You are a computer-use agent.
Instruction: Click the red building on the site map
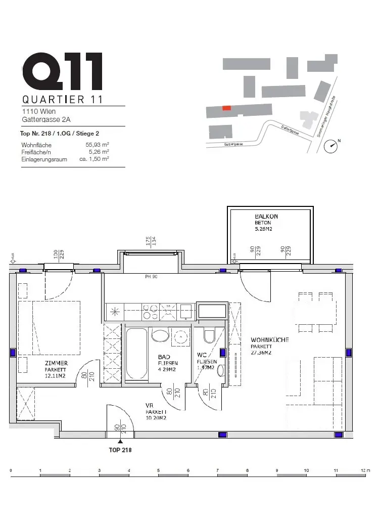pyautogui.click(x=227, y=108)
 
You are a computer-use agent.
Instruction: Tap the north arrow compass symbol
pyautogui.click(x=331, y=145)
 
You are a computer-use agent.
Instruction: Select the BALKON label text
pyautogui.click(x=266, y=216)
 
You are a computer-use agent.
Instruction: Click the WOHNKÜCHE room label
pyautogui.click(x=270, y=340)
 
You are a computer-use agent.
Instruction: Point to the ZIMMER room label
pyautogui.click(x=56, y=363)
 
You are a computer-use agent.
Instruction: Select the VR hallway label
pyautogui.click(x=149, y=406)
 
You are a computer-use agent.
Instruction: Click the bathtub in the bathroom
pyautogui.click(x=135, y=354)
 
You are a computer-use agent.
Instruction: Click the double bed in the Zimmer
pyautogui.click(x=49, y=324)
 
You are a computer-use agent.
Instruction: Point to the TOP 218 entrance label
pyautogui.click(x=120, y=449)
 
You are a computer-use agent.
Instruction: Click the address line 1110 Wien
pyautogui.click(x=39, y=111)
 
